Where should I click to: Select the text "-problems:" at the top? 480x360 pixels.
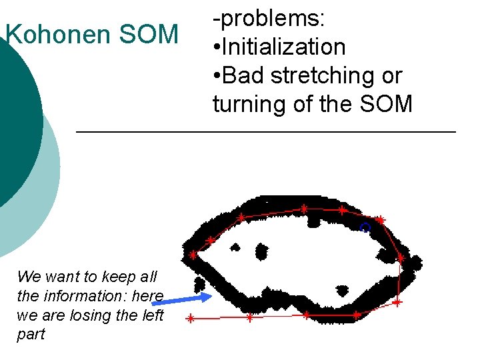[269, 19]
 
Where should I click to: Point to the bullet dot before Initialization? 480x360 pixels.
[217, 48]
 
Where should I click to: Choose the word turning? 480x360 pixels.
[252, 105]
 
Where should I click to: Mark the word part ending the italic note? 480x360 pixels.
[31, 334]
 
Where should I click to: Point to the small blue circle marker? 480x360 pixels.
[365, 227]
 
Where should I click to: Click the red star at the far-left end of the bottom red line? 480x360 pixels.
[190, 319]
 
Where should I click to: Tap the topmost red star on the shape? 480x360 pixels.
[303, 209]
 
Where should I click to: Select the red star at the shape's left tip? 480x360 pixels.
[193, 255]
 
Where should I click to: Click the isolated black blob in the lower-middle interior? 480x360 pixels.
[342, 291]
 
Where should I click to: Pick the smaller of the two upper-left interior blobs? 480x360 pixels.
[234, 247]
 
